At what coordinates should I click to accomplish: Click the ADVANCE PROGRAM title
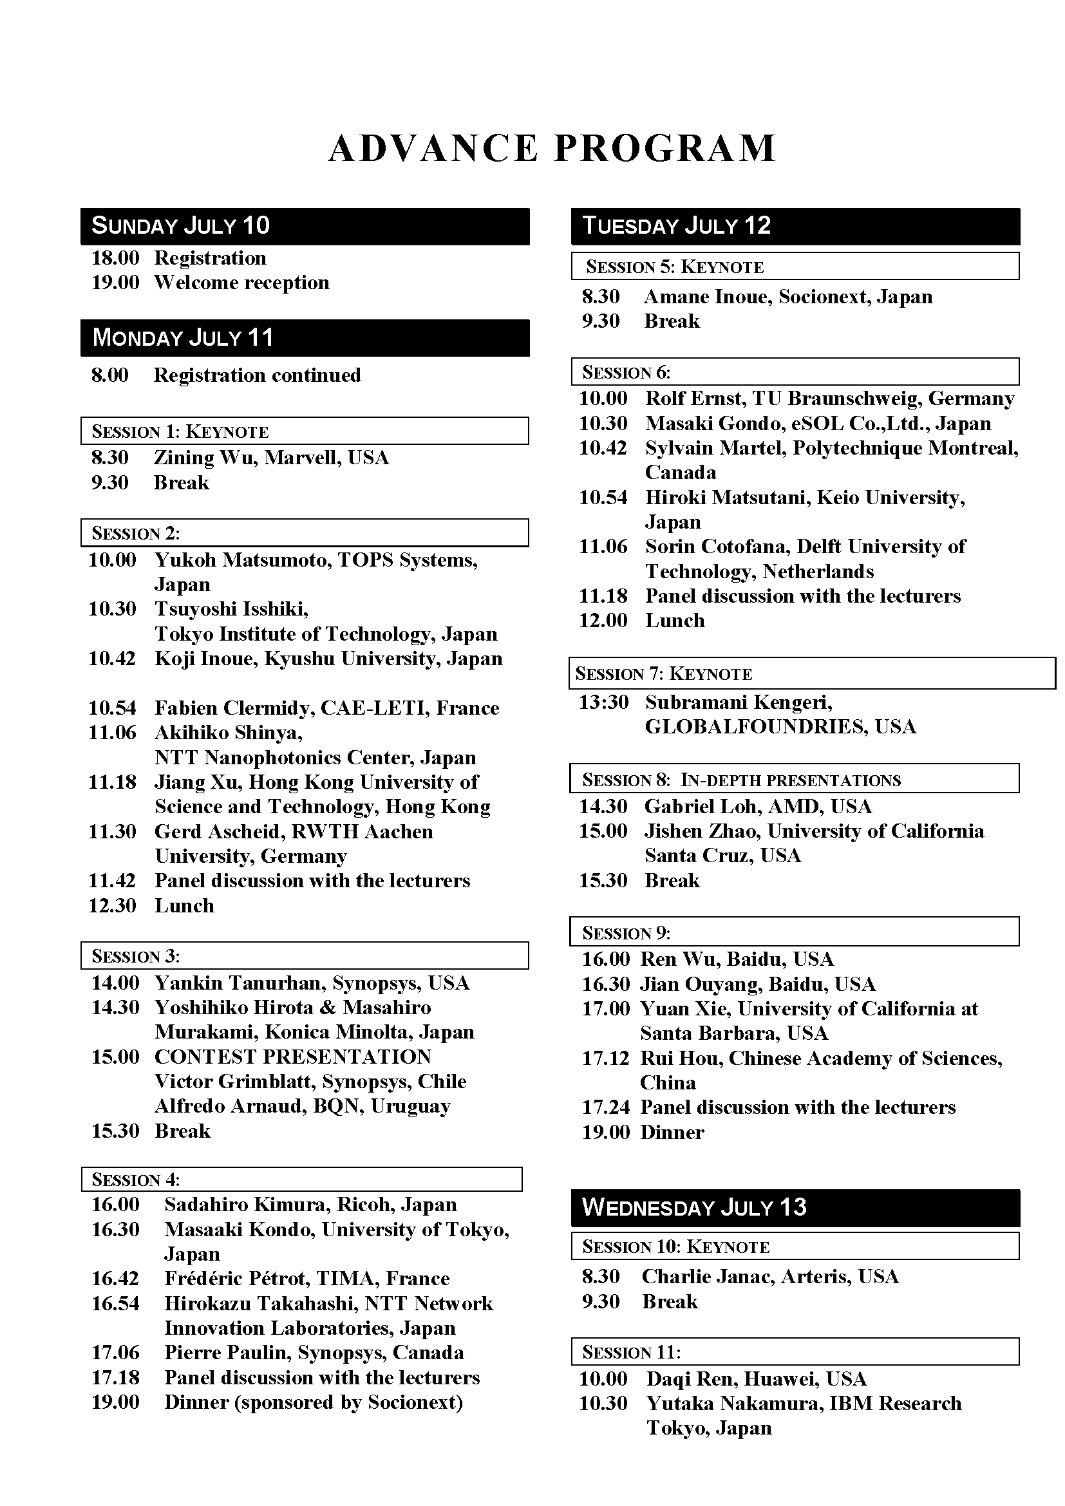(552, 148)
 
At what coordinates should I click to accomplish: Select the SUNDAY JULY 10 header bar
(305, 226)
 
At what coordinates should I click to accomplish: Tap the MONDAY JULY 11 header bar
(305, 338)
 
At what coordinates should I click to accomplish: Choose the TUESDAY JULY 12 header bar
(795, 226)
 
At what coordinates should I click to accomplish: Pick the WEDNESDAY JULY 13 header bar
(795, 1207)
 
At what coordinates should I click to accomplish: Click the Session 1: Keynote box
(305, 431)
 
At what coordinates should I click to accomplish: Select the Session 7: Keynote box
(812, 673)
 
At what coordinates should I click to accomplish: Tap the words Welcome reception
(241, 283)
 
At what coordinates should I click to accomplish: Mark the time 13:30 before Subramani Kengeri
(603, 702)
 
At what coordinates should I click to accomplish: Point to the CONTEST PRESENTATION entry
(292, 1057)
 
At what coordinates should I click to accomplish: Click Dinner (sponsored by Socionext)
(314, 1402)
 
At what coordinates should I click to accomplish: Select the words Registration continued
(257, 375)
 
